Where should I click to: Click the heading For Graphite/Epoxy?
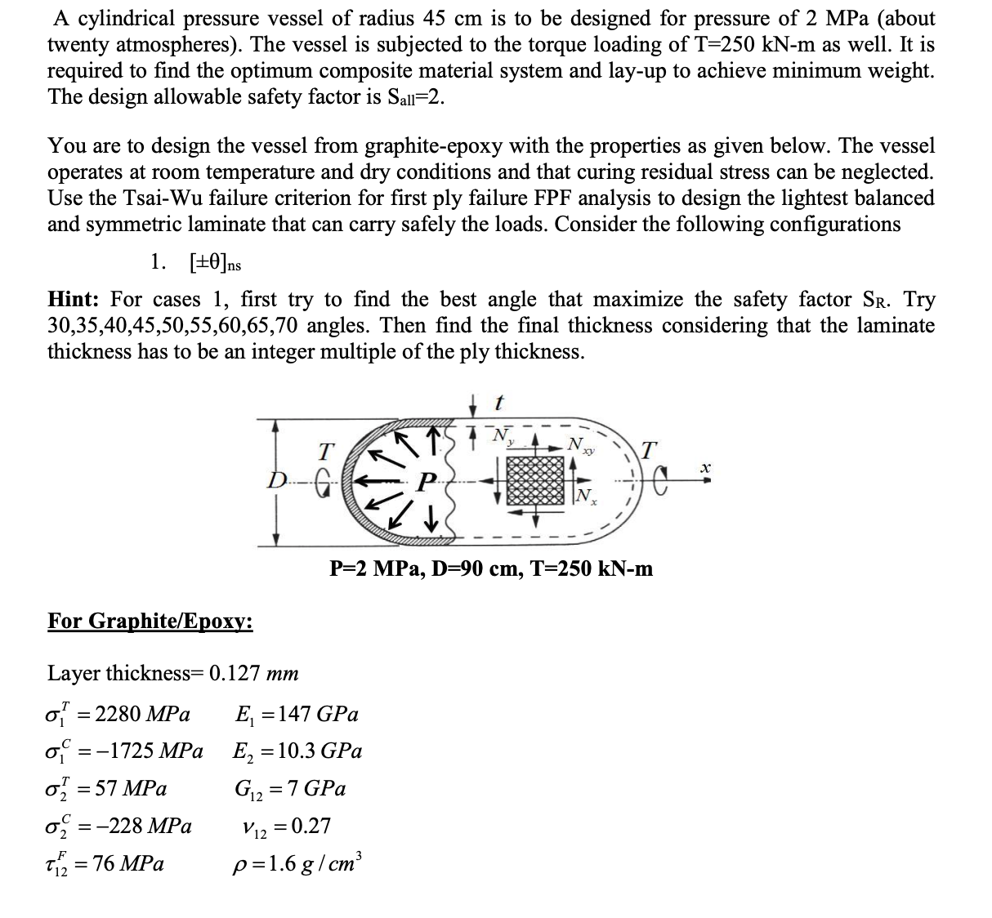150,622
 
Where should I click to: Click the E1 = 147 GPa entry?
296,715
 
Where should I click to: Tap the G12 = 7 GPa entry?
290,789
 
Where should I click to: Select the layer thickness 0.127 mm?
253,673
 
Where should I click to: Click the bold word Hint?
74,300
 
